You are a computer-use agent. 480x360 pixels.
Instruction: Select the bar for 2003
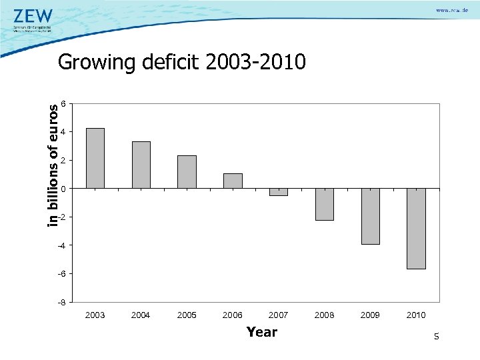[95, 158]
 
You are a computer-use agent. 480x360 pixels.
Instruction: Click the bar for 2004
[141, 165]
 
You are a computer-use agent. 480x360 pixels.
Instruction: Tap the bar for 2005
[187, 172]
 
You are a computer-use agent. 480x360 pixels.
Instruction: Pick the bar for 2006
[233, 181]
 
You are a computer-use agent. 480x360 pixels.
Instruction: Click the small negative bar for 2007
[279, 192]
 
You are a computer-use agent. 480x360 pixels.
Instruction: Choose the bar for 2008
[324, 204]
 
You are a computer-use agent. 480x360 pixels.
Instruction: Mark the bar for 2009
[370, 216]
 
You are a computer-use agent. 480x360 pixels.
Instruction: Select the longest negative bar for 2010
[416, 229]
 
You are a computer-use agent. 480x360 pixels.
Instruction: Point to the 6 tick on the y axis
[62, 104]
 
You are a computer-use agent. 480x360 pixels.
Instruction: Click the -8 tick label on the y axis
[61, 302]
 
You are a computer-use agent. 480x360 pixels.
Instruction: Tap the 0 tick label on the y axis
[62, 189]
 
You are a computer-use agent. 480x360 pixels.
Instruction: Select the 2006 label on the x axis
[233, 315]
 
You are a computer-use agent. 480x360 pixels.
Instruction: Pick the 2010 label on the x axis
[416, 315]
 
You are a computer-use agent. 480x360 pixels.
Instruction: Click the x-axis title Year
[261, 331]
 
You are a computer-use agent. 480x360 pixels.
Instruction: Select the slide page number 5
[436, 337]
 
